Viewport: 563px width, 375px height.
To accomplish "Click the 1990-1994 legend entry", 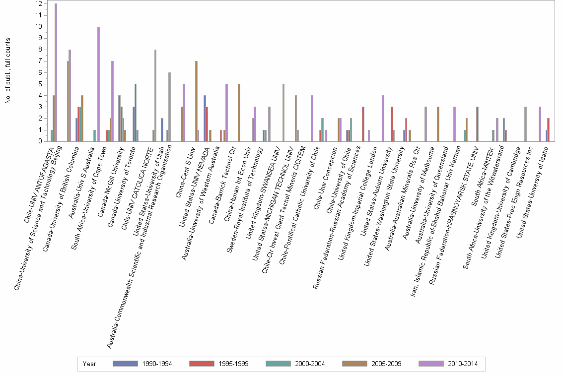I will point(142,364).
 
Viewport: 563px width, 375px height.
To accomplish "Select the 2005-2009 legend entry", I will point(372,364).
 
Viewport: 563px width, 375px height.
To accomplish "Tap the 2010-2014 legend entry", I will point(449,364).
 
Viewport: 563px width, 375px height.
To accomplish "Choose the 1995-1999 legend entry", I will point(219,364).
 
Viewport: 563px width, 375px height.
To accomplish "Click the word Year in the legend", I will point(90,364).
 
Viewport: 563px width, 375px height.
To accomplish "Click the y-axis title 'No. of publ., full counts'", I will point(8,72).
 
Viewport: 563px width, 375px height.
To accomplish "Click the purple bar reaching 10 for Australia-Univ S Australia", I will point(98,84).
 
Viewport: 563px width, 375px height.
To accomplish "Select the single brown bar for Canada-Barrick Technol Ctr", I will point(239,113).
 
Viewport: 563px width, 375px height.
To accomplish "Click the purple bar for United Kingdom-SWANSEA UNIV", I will point(283,113).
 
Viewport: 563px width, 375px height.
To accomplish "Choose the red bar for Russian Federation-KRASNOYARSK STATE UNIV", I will point(477,124).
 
